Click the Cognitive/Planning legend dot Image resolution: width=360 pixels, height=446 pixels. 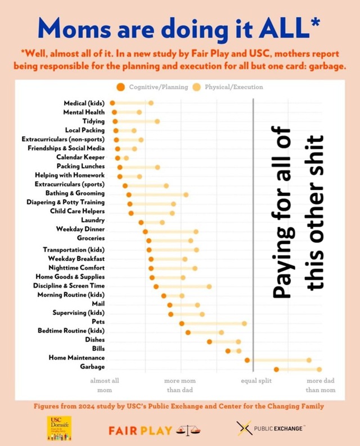click(x=121, y=87)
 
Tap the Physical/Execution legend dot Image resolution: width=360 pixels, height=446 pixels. click(x=196, y=87)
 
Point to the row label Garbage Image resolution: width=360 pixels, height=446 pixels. click(x=92, y=367)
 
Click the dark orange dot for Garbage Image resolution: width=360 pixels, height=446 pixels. click(x=276, y=369)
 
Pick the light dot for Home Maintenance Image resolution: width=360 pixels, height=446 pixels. click(x=309, y=360)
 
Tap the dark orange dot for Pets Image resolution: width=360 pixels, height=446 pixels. click(x=182, y=323)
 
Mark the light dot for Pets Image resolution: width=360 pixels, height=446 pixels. click(x=244, y=323)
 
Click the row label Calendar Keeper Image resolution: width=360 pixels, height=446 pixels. click(x=80, y=157)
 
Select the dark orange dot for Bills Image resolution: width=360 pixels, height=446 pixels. click(x=228, y=351)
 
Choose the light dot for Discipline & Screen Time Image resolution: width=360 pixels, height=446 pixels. click(x=209, y=286)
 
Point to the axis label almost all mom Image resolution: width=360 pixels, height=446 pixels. click(x=105, y=385)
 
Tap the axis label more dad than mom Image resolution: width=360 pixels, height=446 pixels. click(x=321, y=385)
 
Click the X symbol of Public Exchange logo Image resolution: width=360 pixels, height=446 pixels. click(x=244, y=429)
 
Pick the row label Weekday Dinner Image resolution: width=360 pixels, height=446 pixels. click(x=80, y=229)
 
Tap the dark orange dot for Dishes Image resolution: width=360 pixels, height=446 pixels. click(x=209, y=341)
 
